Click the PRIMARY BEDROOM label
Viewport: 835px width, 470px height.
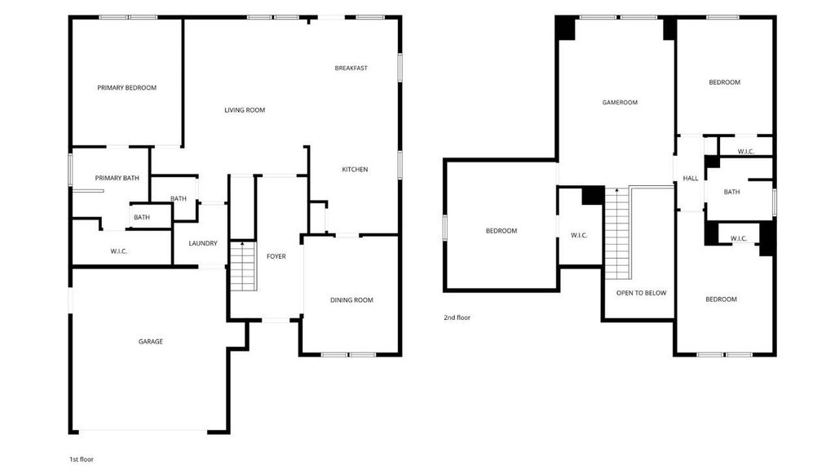click(126, 88)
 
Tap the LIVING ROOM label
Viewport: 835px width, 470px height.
click(245, 110)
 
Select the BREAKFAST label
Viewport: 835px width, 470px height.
click(351, 69)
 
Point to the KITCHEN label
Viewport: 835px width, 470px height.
click(355, 170)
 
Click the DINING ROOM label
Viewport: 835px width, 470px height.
click(351, 300)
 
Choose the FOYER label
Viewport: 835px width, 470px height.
click(276, 256)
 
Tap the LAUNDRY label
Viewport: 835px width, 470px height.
click(203, 243)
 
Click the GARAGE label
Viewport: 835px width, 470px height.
click(151, 342)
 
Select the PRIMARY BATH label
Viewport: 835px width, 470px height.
click(117, 178)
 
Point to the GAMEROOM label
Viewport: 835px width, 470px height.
click(620, 102)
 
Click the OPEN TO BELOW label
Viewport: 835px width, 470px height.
click(641, 293)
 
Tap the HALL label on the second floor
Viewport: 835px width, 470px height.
click(690, 179)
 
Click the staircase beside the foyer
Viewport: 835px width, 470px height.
click(243, 266)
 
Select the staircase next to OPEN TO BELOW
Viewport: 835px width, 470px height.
click(618, 233)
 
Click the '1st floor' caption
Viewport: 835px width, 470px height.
click(82, 459)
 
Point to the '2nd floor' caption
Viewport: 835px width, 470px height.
click(457, 317)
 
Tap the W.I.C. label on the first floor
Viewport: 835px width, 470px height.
click(119, 251)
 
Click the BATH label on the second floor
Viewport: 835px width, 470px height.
click(731, 192)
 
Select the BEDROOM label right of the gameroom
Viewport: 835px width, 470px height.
click(724, 82)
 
